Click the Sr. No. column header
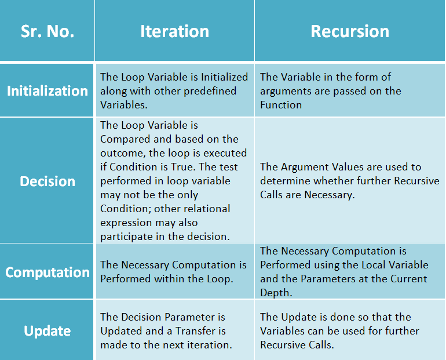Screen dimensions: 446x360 click(47, 31)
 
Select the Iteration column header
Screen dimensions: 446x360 click(175, 31)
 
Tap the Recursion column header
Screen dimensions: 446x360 click(350, 31)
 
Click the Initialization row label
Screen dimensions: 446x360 click(47, 91)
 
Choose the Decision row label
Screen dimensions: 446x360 click(47, 181)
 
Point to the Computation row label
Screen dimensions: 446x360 click(47, 272)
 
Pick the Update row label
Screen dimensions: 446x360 click(47, 331)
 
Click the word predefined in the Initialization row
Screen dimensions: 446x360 click(210, 92)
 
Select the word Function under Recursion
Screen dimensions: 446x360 click(281, 105)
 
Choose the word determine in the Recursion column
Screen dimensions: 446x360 click(285, 181)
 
